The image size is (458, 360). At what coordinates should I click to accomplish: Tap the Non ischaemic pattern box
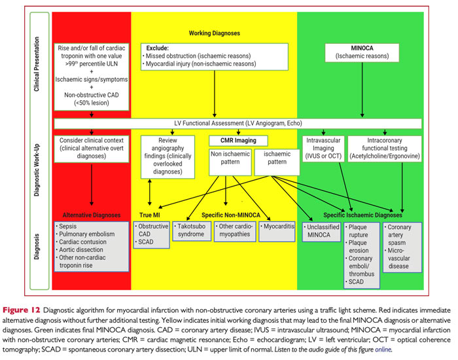(x=229, y=163)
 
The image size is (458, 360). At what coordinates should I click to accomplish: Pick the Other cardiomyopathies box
(x=234, y=234)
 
